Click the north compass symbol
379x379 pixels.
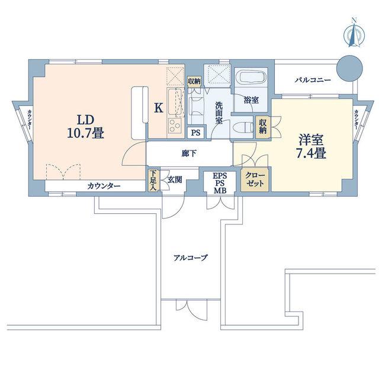pos(354,34)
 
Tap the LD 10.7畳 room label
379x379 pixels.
pos(85,127)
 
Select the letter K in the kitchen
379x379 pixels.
pos(159,108)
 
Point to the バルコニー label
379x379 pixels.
pos(313,80)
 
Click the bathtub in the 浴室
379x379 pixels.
pos(251,78)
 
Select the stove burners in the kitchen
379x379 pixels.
pos(175,126)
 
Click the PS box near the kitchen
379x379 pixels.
pos(196,133)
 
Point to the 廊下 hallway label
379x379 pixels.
pos(189,153)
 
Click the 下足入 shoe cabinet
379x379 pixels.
pos(153,181)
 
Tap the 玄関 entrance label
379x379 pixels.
pos(175,179)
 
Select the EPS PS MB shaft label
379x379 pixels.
pos(220,183)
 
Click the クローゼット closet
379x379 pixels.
pos(255,179)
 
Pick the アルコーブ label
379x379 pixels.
pos(191,258)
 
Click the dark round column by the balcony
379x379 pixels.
pos(350,69)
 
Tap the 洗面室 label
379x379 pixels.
pos(219,113)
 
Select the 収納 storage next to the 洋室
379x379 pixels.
pos(262,127)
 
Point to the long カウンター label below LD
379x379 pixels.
pos(104,186)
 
